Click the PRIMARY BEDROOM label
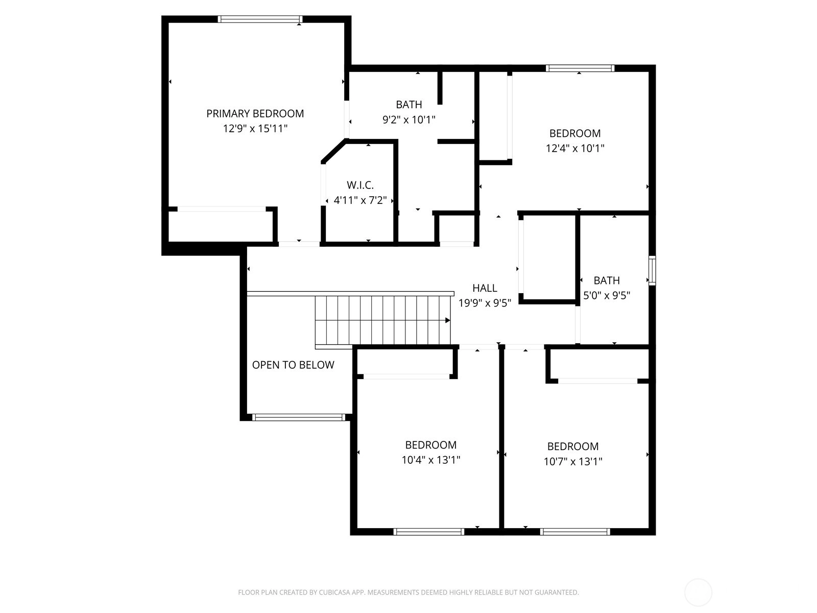click(x=255, y=113)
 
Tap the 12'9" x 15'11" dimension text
click(x=255, y=129)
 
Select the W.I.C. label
click(x=360, y=185)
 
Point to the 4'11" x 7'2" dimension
click(x=360, y=200)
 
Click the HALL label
click(x=485, y=288)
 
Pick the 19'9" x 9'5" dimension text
click(x=485, y=303)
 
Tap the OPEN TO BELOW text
click(x=293, y=365)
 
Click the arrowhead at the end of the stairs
click(x=448, y=320)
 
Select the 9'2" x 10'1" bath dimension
click(x=409, y=120)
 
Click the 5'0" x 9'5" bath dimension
click(x=607, y=296)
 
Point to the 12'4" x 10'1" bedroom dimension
click(x=575, y=149)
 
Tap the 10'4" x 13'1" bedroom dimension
click(x=431, y=460)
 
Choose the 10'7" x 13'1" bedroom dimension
click(x=573, y=461)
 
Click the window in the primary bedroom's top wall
click(x=260, y=19)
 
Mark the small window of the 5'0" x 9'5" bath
click(x=652, y=271)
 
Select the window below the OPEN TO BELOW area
click(x=299, y=417)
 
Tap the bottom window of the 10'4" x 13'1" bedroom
click(x=429, y=532)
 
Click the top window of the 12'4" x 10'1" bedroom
click(x=580, y=68)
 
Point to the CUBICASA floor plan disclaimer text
click(x=408, y=592)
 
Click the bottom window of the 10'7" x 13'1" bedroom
click(x=575, y=532)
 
